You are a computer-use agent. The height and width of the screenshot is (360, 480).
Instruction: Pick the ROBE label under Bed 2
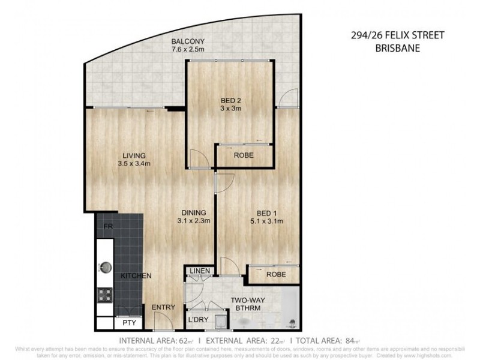coord(244,155)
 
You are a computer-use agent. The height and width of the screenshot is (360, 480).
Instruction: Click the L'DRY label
coord(198,320)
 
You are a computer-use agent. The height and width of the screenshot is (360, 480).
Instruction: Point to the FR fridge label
coord(108,227)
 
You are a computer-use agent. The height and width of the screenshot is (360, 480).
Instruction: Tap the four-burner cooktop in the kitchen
coord(106,295)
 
